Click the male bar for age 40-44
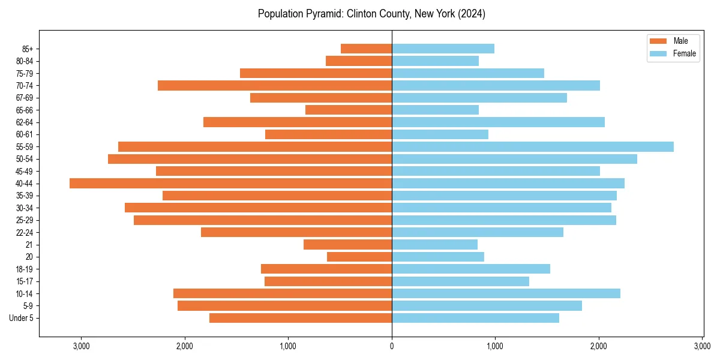(x=230, y=183)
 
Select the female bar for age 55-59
(x=533, y=146)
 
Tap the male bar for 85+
(x=366, y=49)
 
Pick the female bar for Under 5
(x=475, y=318)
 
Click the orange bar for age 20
(x=359, y=257)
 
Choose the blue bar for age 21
(x=434, y=244)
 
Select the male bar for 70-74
(x=275, y=85)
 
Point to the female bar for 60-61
(x=440, y=134)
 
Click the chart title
(x=371, y=14)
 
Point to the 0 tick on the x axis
(x=392, y=346)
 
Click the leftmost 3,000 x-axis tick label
(x=81, y=346)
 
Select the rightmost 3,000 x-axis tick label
(x=702, y=346)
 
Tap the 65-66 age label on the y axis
(x=25, y=110)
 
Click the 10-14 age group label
(x=25, y=293)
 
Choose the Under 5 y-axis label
(x=22, y=318)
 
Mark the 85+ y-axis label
(x=28, y=49)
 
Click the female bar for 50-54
(x=514, y=159)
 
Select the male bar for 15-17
(x=328, y=281)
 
